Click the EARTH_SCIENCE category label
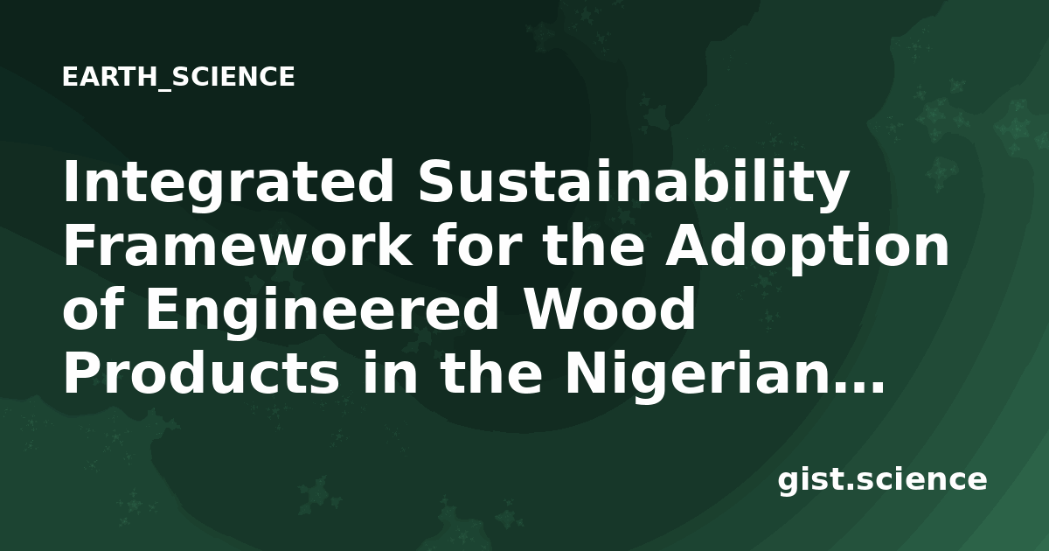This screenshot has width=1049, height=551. pyautogui.click(x=178, y=77)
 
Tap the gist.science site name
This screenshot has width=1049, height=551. pyautogui.click(x=882, y=481)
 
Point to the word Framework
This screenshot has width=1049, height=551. pyautogui.click(x=238, y=245)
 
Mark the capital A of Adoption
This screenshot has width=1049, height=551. pyautogui.click(x=690, y=245)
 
